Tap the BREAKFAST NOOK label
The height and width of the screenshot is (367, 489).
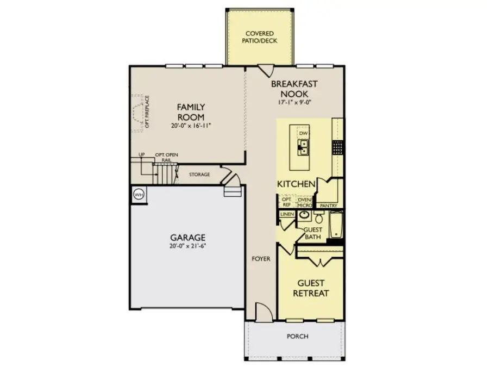point(294,89)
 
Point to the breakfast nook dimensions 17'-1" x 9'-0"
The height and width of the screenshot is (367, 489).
point(294,102)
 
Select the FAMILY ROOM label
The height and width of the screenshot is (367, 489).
point(190,111)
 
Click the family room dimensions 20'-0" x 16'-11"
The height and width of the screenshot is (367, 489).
point(190,125)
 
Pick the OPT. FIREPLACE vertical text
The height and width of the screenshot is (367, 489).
point(147,113)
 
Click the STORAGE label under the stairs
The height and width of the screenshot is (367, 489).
point(199,175)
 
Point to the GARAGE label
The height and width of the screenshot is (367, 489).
point(188,237)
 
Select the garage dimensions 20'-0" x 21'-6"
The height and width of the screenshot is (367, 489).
point(188,246)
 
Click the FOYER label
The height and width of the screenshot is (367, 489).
point(261,259)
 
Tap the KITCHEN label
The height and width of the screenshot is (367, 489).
point(296,184)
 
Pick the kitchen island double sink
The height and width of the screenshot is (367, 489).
point(303,146)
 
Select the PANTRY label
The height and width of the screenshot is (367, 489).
point(329,206)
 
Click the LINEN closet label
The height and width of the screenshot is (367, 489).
point(287,215)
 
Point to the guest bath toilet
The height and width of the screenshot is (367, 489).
point(319,219)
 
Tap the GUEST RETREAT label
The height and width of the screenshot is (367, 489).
point(311,288)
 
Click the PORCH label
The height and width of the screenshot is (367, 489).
point(297,336)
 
